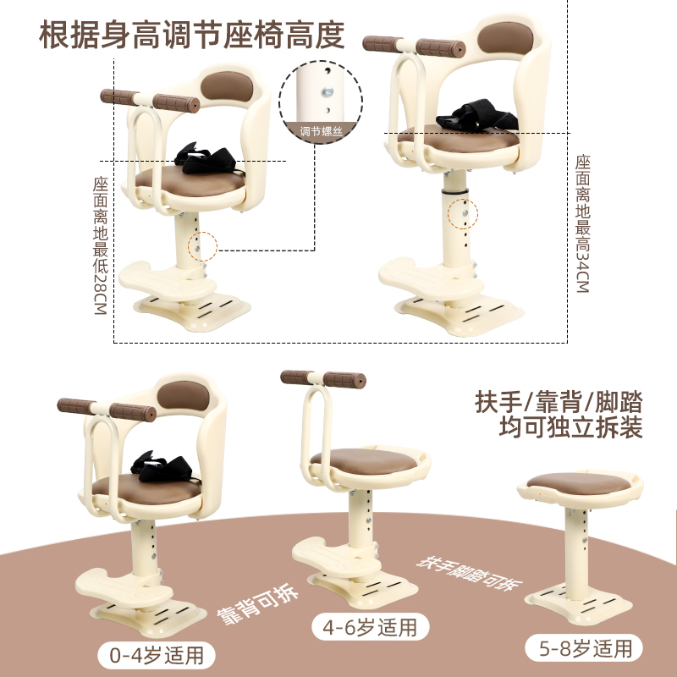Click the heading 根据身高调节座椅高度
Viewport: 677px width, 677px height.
coord(193,35)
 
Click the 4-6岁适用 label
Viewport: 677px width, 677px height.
coord(369,627)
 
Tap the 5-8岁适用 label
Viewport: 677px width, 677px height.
coord(585,648)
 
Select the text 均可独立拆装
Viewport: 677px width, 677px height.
coord(559,427)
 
